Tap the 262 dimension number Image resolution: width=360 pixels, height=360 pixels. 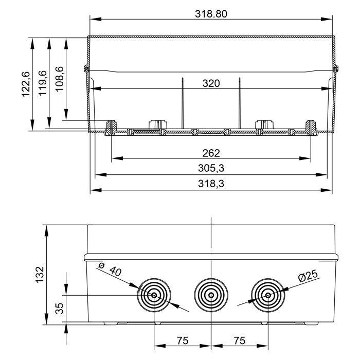pyautogui.click(x=211, y=153)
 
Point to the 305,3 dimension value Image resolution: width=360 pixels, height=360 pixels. pyautogui.click(x=211, y=168)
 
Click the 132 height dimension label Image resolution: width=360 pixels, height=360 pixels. pyautogui.click(x=40, y=274)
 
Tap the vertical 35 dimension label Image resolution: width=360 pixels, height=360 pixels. pyautogui.click(x=59, y=309)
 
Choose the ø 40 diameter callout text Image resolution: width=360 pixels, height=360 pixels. pyautogui.click(x=110, y=269)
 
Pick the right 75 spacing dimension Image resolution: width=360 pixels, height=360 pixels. pyautogui.click(x=239, y=340)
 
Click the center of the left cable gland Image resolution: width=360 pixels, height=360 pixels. pyautogui.click(x=154, y=295)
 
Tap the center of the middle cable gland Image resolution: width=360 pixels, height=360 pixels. pyautogui.click(x=211, y=295)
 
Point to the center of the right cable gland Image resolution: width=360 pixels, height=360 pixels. pyautogui.click(x=267, y=295)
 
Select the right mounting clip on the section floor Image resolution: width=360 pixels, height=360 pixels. pyautogui.click(x=264, y=124)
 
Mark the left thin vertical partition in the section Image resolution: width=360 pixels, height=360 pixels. pyautogui.click(x=183, y=103)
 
